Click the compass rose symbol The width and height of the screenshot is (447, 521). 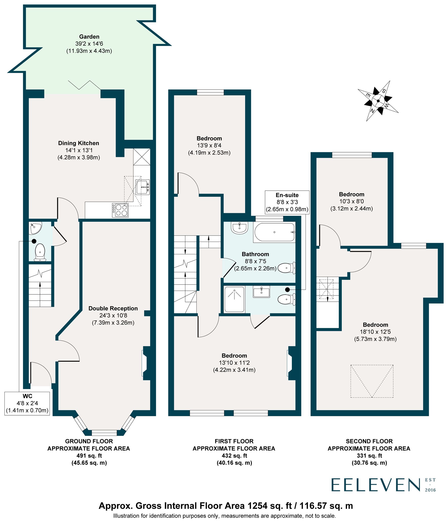[x=378, y=101]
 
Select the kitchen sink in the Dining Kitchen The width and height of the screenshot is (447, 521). [x=143, y=187]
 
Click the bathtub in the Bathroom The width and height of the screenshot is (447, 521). [x=274, y=232]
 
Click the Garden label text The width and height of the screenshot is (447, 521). [x=89, y=37]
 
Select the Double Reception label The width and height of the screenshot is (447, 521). [x=113, y=308]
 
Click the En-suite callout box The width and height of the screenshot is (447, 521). [x=287, y=202]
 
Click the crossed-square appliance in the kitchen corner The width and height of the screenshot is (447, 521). [x=141, y=157]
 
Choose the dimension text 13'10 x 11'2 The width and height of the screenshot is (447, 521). [x=234, y=363]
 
